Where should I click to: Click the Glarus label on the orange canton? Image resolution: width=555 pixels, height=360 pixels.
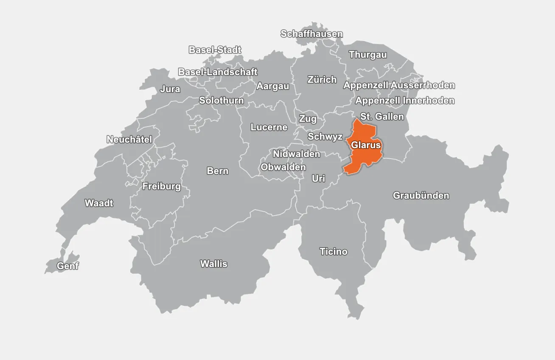366,145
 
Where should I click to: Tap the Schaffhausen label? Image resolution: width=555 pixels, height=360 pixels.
311,34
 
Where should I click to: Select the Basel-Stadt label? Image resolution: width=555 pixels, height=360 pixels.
215,50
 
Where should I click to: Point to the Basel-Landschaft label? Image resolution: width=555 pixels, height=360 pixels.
218,72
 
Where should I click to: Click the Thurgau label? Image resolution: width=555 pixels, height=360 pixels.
368,55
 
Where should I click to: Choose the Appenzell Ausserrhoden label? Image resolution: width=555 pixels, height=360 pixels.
399,85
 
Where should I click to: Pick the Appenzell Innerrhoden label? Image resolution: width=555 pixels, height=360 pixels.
405,101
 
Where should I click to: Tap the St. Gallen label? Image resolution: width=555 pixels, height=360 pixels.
382,116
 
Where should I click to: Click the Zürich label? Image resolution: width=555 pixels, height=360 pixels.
322,80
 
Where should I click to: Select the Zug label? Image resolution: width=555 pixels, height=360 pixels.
308,118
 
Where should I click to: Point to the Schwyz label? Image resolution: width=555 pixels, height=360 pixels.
325,137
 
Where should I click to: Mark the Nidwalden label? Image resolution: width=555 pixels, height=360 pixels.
296,154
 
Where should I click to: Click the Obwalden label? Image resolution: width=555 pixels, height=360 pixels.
283,167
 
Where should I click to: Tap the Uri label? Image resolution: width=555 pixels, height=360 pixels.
318,179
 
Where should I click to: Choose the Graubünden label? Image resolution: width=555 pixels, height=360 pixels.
421,196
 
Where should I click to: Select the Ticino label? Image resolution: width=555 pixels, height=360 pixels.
334,252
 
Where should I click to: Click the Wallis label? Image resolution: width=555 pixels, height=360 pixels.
214,264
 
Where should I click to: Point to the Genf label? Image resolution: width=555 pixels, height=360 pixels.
68,266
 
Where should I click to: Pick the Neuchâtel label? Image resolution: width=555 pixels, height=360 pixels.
129,140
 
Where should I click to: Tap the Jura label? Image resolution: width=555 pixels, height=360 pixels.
170,90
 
